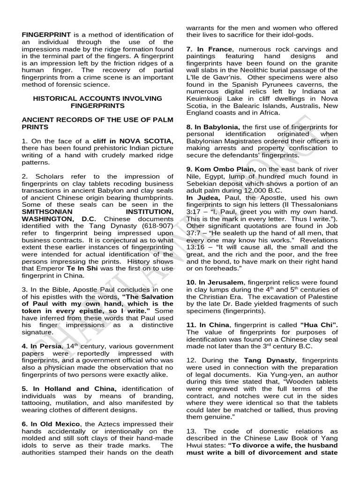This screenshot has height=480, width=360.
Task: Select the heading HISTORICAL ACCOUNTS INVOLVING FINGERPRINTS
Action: (x=97, y=102)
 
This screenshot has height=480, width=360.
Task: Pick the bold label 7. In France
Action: (x=209, y=49)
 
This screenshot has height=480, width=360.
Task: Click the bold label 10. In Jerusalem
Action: (x=215, y=282)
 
